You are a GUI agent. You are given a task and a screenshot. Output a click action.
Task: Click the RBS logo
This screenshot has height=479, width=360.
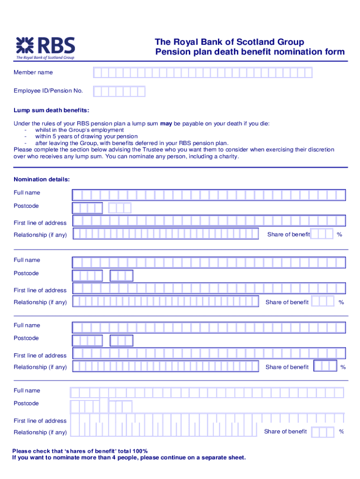click(x=45, y=47)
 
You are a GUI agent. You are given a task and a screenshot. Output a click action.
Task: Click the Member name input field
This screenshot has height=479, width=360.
click(x=202, y=73)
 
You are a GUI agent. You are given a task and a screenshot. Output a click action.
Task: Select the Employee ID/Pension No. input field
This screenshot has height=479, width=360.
click(x=119, y=91)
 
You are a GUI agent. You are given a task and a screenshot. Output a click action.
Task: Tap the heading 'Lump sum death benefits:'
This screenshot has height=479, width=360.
click(x=51, y=110)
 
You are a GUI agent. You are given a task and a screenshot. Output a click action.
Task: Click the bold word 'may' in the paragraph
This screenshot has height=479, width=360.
click(x=166, y=124)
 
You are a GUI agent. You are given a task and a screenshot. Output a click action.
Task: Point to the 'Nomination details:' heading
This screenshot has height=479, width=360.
click(x=42, y=179)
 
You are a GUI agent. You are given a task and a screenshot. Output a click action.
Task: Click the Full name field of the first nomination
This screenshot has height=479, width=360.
click(x=209, y=195)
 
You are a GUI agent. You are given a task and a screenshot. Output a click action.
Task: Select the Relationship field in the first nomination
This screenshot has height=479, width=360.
click(x=166, y=233)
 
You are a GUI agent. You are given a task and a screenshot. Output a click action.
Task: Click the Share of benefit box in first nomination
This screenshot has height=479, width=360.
click(x=322, y=233)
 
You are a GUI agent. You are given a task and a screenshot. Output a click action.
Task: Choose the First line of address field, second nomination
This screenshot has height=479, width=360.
click(x=209, y=288)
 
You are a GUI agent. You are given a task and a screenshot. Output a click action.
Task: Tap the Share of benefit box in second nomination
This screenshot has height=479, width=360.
click(x=323, y=301)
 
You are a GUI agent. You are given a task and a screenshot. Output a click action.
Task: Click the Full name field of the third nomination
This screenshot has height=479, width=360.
click(x=209, y=327)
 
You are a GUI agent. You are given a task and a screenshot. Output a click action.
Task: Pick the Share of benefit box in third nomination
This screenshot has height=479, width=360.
click(x=325, y=366)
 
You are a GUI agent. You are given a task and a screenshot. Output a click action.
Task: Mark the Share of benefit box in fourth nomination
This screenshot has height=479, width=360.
click(x=323, y=432)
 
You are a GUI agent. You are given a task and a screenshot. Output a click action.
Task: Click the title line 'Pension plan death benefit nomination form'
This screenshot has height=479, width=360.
click(x=250, y=52)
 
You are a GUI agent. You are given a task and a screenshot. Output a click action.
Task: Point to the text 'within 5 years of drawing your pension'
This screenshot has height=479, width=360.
click(x=86, y=137)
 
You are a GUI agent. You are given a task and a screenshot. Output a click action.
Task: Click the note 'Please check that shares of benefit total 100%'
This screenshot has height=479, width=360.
click(x=80, y=451)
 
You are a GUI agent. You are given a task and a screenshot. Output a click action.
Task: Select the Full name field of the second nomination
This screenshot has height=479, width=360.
click(x=209, y=262)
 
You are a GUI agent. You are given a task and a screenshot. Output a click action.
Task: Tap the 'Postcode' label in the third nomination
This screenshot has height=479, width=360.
click(x=26, y=338)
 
